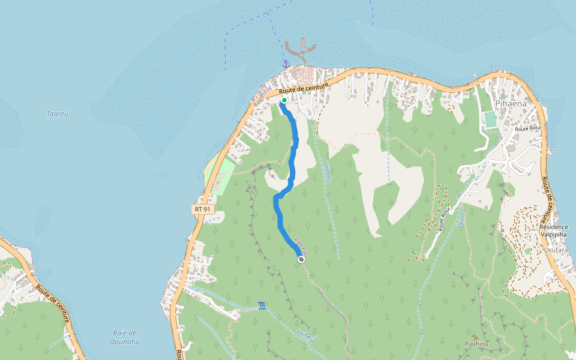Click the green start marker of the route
[x=284, y=100]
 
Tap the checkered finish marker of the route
[x=301, y=259]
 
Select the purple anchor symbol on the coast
[x=286, y=63]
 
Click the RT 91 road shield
[x=203, y=209]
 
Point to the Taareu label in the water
[x=58, y=113]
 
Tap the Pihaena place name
[x=511, y=103]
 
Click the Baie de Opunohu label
[x=125, y=337]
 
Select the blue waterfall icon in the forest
[x=262, y=306]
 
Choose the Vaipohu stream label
[x=327, y=172]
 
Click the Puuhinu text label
[x=477, y=344]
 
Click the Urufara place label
[x=556, y=250]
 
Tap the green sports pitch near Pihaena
[x=491, y=119]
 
